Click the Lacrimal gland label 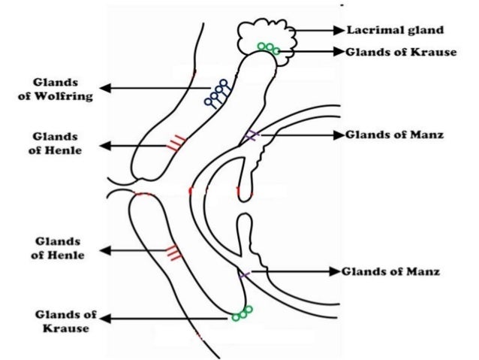[395, 31]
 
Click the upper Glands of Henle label [58, 144]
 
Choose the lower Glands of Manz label [391, 271]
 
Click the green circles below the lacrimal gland [269, 49]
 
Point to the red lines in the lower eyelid [173, 253]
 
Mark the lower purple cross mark [245, 274]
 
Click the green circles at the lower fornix [242, 313]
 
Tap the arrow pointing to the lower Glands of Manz [293, 271]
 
